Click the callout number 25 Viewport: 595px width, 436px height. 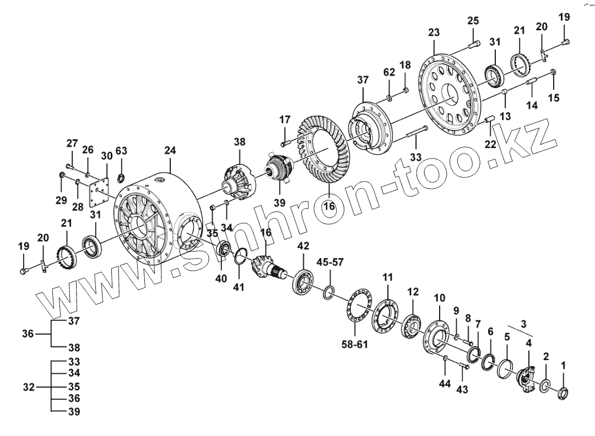coord(473,21)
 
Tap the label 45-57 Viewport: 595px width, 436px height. coord(331,262)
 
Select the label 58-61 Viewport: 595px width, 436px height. coord(355,345)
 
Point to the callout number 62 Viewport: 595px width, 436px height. coord(389,72)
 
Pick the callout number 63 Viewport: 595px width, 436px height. coord(121,151)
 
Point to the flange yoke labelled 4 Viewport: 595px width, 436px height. coord(527,380)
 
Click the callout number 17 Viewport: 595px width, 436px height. coord(284,119)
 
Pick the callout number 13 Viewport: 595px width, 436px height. coord(505,116)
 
